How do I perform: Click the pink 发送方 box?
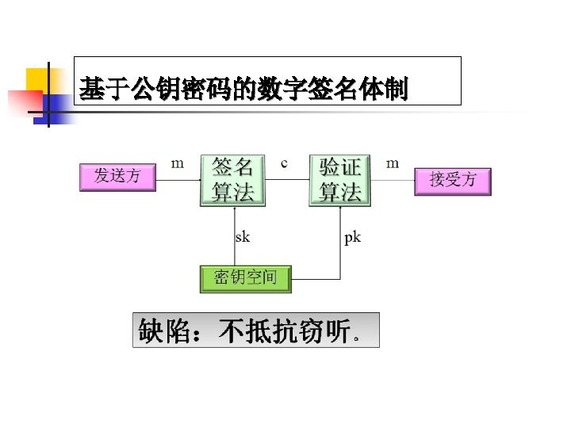coord(117,176)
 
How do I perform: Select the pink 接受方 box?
coord(453,180)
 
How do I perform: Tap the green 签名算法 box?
coord(232,180)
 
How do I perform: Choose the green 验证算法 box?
coord(340,180)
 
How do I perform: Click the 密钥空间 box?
coord(245,278)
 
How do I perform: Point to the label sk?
coord(243,237)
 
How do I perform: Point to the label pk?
coord(352,237)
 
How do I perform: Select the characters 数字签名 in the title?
coord(301,90)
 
